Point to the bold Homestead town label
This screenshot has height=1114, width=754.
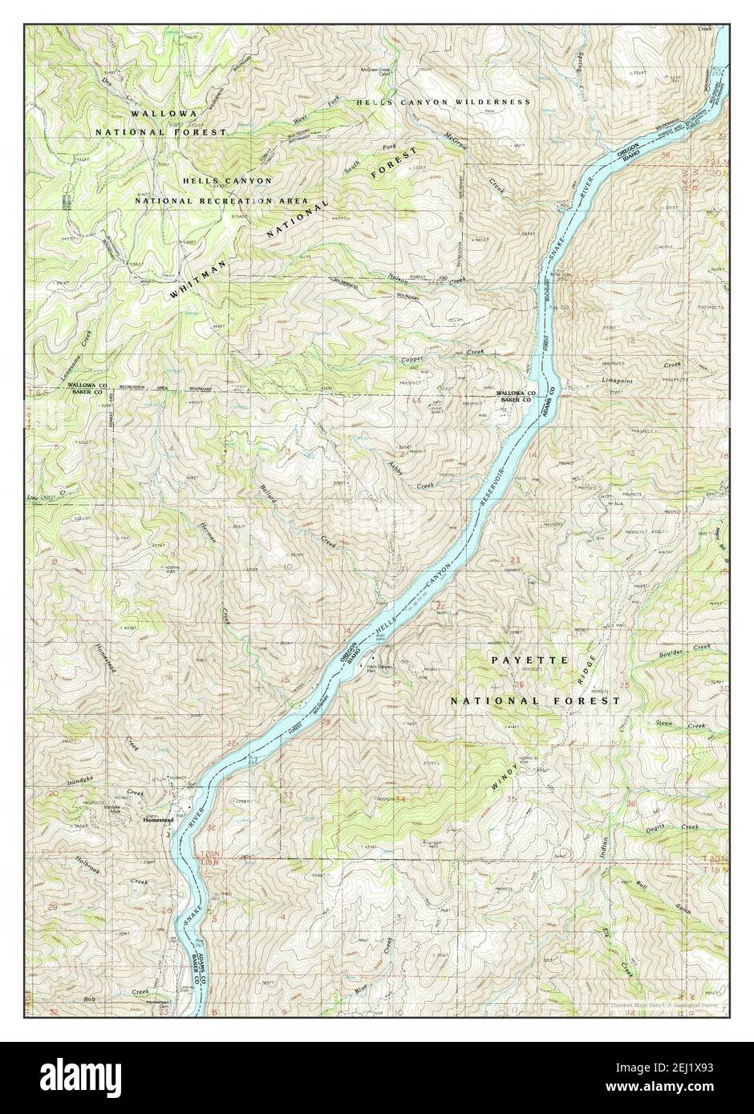pos(158,820)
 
